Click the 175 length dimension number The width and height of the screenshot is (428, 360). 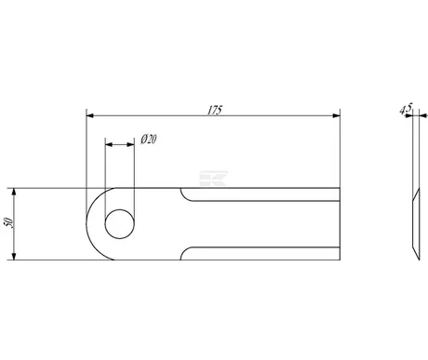coord(215,110)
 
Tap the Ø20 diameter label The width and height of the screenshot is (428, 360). coord(149,140)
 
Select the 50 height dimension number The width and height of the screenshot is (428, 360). coord(8,222)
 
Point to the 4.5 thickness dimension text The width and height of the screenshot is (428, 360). coord(406,109)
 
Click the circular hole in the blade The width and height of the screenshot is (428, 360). coord(120,224)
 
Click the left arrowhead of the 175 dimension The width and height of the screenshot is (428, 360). coord(90,115)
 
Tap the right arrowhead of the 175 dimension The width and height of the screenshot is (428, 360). coord(336,115)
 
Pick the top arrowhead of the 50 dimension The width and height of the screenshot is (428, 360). coord(14,192)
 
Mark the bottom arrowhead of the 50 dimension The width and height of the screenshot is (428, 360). coord(14,256)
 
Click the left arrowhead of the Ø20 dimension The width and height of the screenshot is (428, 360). coord(109,144)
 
